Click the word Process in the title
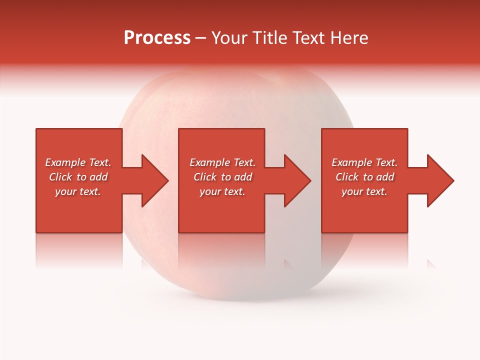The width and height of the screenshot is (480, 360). point(157,38)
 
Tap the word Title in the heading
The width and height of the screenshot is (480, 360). point(269,38)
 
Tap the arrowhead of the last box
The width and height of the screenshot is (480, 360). point(439,180)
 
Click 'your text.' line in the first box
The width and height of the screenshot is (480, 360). point(78,191)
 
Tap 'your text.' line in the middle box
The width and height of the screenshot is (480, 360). point(222,191)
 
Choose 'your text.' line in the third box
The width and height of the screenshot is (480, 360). point(364,191)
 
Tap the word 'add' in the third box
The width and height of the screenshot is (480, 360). point(385,177)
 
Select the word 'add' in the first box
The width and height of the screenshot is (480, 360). point(98,177)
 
